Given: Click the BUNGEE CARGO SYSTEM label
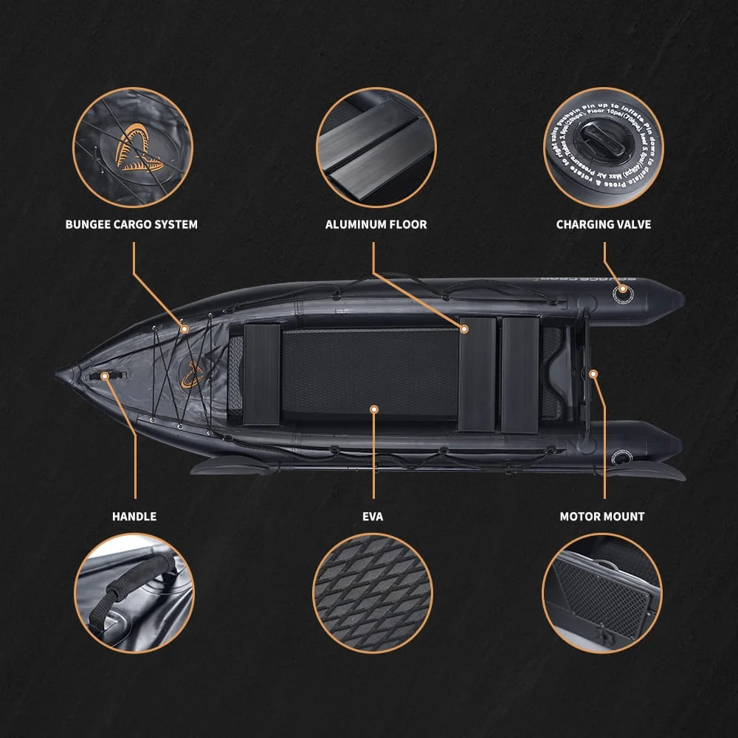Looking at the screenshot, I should click(x=131, y=224).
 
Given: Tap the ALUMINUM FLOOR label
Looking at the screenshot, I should click(x=376, y=224).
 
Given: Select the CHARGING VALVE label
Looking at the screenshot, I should click(x=604, y=224).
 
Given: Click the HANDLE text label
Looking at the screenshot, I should click(x=134, y=517).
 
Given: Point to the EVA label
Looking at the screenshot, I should click(x=373, y=517).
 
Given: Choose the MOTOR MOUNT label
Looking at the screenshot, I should click(x=602, y=517).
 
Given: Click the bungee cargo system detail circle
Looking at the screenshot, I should click(x=132, y=148).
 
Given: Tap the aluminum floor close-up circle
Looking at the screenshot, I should click(x=376, y=148).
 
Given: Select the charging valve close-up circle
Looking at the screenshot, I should click(x=604, y=148).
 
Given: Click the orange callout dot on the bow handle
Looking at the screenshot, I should click(x=105, y=376).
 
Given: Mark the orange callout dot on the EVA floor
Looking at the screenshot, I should click(x=374, y=408).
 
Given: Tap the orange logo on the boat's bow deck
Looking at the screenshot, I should click(x=192, y=375).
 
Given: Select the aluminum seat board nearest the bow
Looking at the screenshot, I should click(x=262, y=374).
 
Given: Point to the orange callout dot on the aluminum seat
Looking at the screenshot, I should click(x=465, y=328).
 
